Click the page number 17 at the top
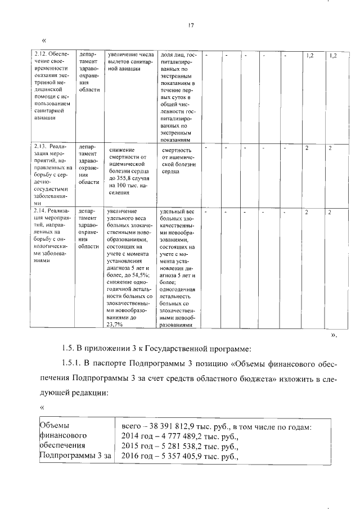[x=191, y=25]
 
